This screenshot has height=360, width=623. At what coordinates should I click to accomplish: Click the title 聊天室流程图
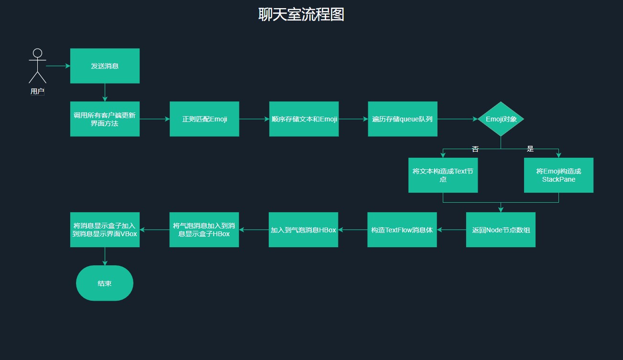coord(301,14)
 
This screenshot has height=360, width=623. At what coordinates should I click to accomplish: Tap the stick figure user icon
coord(37,66)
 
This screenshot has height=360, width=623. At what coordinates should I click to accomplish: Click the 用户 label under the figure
coord(37,91)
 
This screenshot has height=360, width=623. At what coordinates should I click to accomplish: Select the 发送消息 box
coord(105,66)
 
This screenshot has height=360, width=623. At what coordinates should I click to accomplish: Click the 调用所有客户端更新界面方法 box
coord(105,119)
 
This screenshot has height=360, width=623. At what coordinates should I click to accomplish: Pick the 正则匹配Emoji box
coord(204,119)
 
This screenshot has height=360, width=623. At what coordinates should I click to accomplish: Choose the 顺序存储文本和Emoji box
coord(304,119)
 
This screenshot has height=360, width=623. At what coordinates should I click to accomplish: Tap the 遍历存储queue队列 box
coord(402,119)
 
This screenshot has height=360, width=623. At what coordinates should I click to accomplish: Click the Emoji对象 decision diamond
coord(501,119)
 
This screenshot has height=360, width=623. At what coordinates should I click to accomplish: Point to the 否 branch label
coord(475,149)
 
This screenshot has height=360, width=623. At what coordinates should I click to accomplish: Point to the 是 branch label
coord(530,149)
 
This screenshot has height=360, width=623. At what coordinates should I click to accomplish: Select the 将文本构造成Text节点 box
coord(443,175)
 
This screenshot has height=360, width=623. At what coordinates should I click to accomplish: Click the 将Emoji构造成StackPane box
coord(558,175)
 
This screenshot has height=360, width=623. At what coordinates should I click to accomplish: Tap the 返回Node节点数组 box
coord(501,230)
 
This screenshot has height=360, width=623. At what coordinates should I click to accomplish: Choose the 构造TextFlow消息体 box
coord(402,230)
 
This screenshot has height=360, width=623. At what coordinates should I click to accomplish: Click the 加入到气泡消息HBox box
coord(303,230)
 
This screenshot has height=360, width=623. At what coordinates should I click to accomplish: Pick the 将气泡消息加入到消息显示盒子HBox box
coord(204,230)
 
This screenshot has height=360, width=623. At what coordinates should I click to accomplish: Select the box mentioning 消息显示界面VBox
coord(105,230)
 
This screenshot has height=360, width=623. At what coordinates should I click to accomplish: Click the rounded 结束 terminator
coord(104,283)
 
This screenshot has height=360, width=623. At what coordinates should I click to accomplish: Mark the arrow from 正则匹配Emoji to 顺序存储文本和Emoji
coord(254,119)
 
